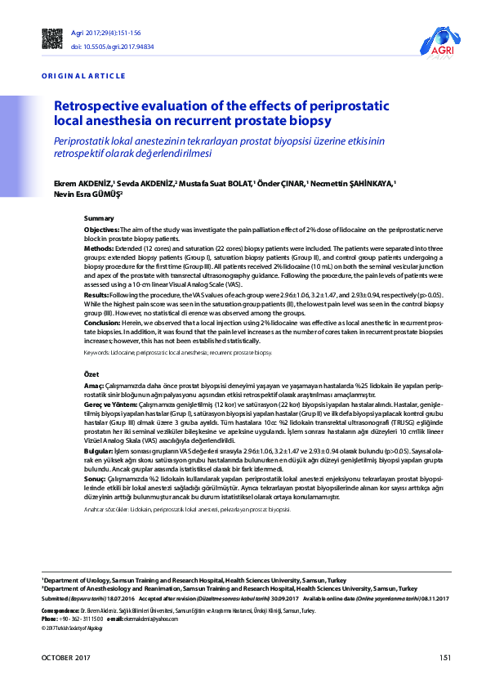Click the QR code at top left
click(51, 38)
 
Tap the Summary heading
click(99, 219)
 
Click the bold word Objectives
click(101, 231)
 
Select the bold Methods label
click(99, 246)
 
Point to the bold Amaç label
click(95, 383)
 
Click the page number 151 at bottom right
click(444, 658)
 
